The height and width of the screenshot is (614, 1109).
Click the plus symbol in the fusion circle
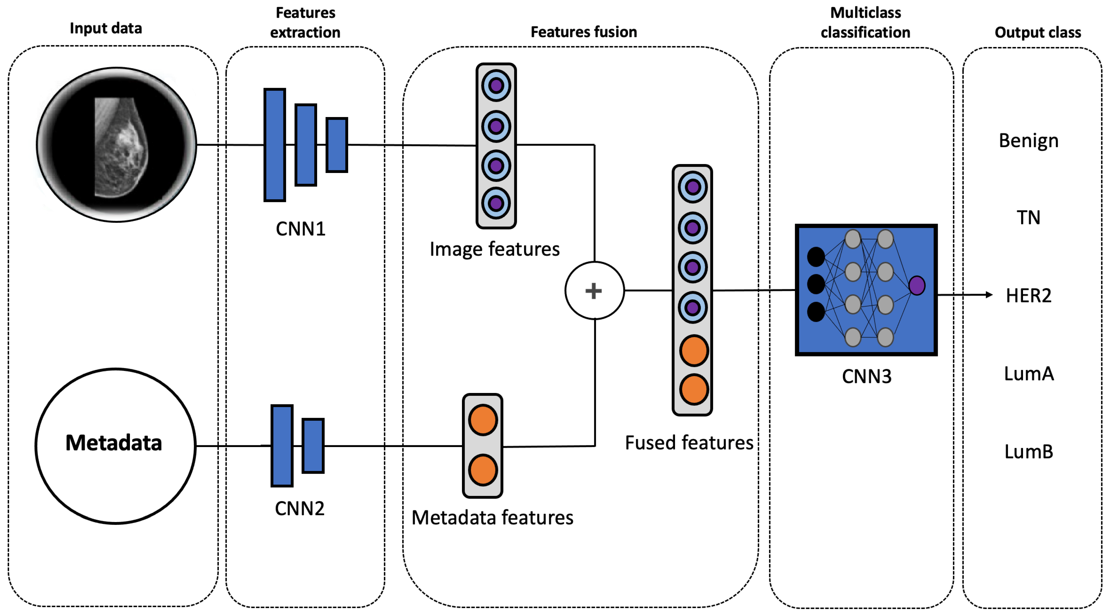tap(594, 291)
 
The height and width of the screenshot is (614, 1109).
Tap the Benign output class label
tap(1028, 141)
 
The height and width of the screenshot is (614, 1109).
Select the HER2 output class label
tap(1028, 296)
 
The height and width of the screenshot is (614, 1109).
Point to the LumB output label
tap(1028, 452)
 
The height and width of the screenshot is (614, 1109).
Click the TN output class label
tap(1028, 218)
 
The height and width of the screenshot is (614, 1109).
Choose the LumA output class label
tap(1028, 373)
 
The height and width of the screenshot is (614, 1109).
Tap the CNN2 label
tap(300, 509)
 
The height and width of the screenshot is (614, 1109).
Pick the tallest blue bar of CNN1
tap(275, 145)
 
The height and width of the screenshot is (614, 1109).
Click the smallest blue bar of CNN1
tap(337, 145)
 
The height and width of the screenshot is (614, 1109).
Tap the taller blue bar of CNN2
tap(282, 446)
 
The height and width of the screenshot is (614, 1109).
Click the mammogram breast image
tap(121, 146)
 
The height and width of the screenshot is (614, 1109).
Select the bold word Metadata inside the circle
tap(114, 443)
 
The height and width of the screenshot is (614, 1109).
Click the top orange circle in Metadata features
tap(483, 420)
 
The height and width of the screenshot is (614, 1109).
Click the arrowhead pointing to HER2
tap(989, 295)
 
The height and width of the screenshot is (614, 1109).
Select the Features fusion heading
tap(584, 32)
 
